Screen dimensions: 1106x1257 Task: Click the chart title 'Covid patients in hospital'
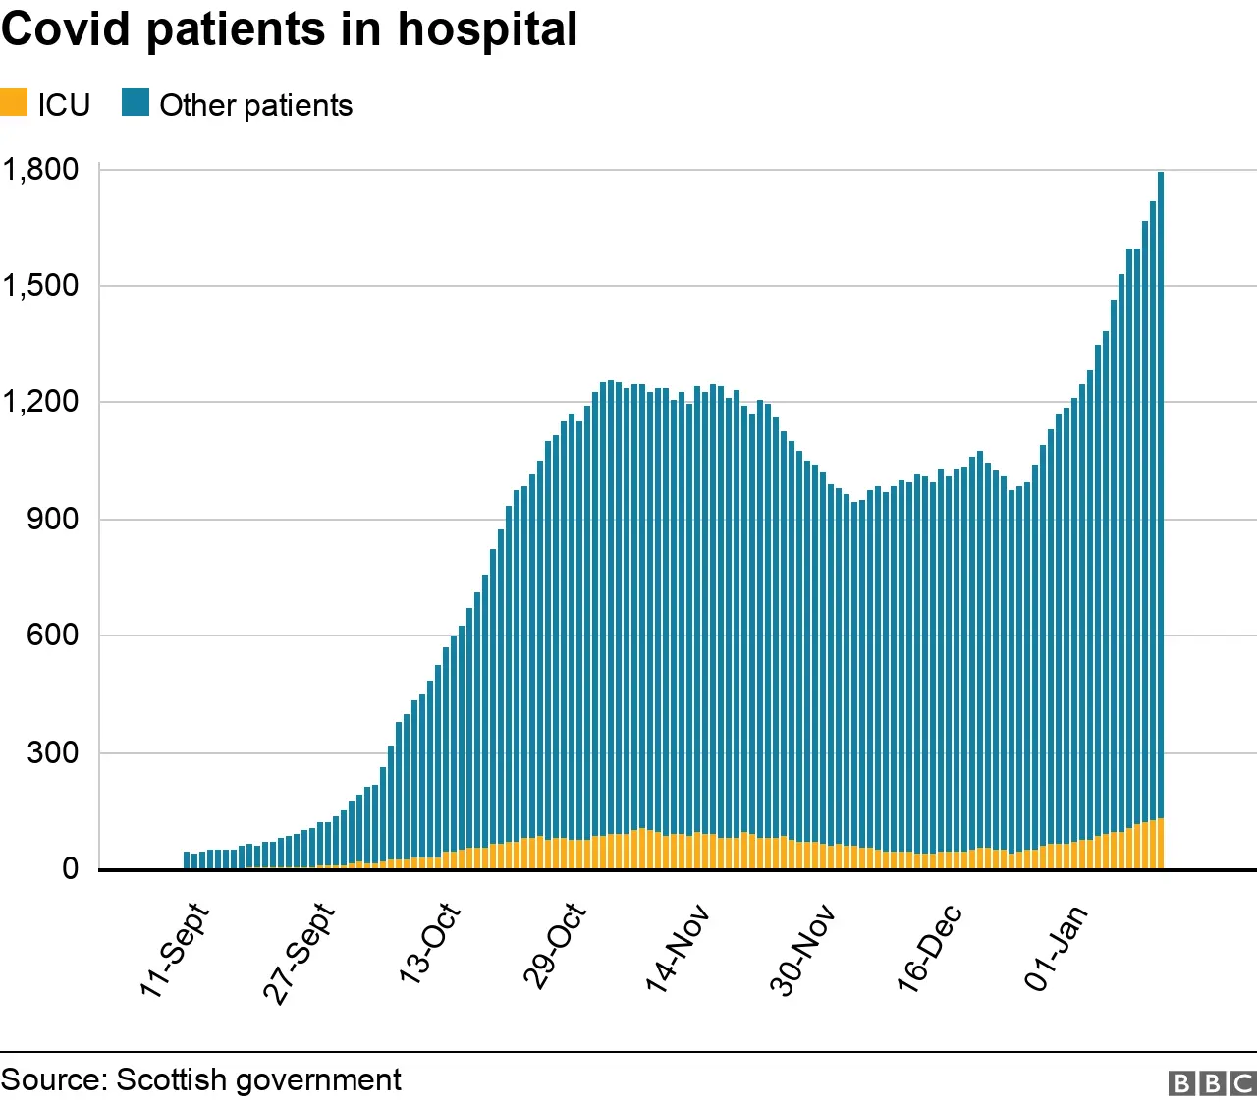[x=289, y=29]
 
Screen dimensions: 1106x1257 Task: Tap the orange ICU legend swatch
[x=14, y=103]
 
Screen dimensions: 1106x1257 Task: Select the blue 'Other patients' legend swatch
[x=136, y=103]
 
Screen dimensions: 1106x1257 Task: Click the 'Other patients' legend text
[x=255, y=105]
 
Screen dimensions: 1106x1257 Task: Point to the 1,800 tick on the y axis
[x=40, y=169]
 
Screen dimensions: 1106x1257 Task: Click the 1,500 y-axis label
[x=40, y=286]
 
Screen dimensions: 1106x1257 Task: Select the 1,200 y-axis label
[x=40, y=402]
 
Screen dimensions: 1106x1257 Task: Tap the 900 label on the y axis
[x=52, y=519]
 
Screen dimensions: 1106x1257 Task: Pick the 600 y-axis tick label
[x=52, y=636]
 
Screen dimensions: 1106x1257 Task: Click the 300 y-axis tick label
[x=52, y=752]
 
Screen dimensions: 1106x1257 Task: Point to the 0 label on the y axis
[x=70, y=868]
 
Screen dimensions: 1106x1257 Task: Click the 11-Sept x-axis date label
[x=174, y=951]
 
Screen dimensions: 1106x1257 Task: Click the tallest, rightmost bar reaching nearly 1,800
[x=1161, y=491]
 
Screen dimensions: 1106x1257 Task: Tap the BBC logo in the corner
[x=1212, y=1082]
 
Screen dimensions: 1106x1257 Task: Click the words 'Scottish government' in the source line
[x=258, y=1080]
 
